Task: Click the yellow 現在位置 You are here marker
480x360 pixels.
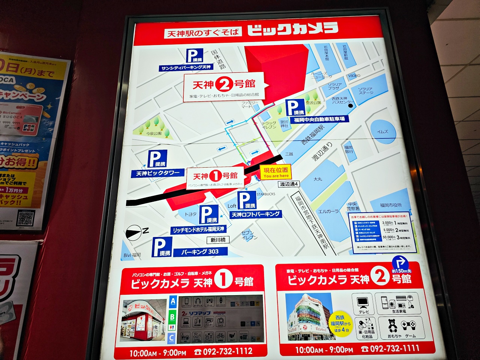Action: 276,172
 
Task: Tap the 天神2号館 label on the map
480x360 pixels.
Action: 224,84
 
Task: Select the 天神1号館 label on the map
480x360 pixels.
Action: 215,175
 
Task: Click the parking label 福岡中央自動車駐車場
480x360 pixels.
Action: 319,119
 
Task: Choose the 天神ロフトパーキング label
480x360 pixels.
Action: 256,214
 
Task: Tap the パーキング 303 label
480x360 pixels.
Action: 200,252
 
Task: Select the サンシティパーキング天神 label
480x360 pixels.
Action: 186,68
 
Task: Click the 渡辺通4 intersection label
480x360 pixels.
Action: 289,184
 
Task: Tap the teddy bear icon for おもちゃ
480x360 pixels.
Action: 392,325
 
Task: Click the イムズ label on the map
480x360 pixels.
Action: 382,132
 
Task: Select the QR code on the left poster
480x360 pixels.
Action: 26,218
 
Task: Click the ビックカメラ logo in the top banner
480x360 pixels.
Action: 292,29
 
